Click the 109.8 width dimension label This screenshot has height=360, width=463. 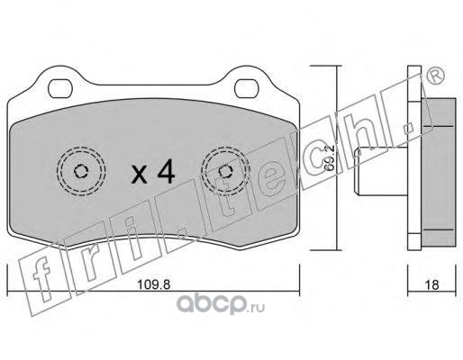coord(153,284)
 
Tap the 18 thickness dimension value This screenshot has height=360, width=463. coord(432,284)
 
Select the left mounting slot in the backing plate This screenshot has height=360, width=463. coord(60,89)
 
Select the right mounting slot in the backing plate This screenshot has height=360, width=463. coord(246,88)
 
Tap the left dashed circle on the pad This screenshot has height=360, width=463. coord(81,171)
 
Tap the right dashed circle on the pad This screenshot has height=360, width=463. coord(225,171)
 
